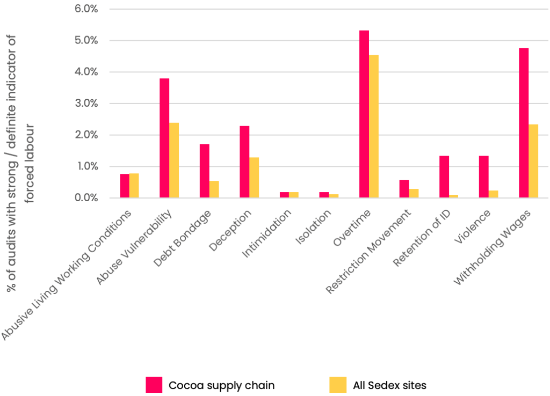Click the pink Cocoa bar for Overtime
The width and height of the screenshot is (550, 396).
(364, 114)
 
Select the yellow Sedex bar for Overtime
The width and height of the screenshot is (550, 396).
(374, 127)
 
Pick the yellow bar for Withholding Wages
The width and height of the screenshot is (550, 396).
(533, 161)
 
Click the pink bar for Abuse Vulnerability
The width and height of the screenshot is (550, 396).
(164, 138)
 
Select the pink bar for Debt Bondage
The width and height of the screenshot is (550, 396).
(204, 171)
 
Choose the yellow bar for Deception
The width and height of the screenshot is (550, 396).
(254, 178)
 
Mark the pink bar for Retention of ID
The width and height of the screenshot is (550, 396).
(444, 177)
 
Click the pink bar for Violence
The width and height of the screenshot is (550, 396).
(483, 177)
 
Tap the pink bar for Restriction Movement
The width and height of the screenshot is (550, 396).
(404, 189)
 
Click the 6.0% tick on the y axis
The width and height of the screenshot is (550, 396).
(85, 9)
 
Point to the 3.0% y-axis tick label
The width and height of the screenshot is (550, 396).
(85, 104)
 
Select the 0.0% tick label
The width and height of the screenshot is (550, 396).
(85, 198)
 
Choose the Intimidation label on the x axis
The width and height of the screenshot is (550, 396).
(267, 234)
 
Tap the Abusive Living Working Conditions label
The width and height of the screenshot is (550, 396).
(67, 275)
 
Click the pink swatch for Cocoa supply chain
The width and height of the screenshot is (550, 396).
(154, 385)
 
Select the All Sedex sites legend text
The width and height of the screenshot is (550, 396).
(389, 385)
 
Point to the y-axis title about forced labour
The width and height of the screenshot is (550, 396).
(20, 164)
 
